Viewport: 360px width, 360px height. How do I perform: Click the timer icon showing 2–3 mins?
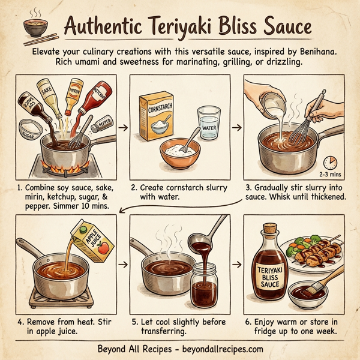click(329, 162)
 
